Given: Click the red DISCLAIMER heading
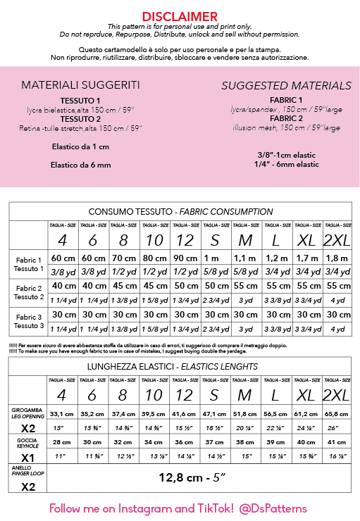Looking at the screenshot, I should click(180, 16).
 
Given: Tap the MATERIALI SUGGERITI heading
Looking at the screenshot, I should click(80, 85).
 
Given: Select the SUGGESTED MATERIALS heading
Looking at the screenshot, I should click(286, 86).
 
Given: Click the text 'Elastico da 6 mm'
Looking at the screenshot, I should click(80, 165).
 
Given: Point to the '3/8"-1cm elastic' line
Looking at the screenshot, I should click(287, 154).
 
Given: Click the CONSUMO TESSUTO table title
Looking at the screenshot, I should click(180, 211).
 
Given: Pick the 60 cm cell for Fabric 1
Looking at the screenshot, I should click(63, 258).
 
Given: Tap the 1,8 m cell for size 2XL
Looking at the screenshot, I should click(336, 258).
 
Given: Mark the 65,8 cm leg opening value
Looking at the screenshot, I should click(336, 414).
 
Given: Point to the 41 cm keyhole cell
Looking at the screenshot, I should click(336, 442).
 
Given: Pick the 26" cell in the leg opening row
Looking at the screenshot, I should click(336, 428).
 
